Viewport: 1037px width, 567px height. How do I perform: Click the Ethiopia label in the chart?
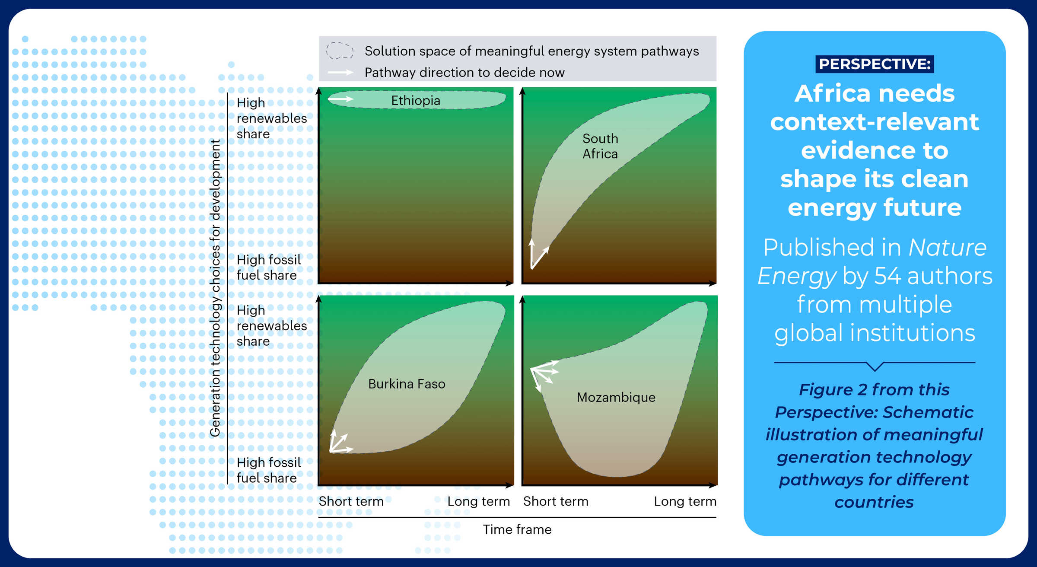click(416, 101)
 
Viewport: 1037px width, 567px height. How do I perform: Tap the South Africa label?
click(600, 146)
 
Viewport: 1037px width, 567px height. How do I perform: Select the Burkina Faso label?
click(407, 384)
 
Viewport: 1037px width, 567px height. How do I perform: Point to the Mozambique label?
click(616, 397)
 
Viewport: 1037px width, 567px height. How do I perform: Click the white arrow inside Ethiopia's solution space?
click(340, 99)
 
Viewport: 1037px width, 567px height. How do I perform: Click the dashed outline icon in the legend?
click(340, 51)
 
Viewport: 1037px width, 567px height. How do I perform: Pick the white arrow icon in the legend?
click(340, 72)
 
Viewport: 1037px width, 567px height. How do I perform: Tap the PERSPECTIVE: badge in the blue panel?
click(875, 64)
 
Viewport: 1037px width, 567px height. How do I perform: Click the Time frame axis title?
click(517, 529)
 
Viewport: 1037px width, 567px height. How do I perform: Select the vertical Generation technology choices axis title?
click(215, 287)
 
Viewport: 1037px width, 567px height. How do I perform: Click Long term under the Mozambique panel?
click(685, 501)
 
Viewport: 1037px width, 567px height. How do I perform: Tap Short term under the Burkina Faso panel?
click(351, 501)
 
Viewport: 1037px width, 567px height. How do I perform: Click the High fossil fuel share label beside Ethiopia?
click(268, 268)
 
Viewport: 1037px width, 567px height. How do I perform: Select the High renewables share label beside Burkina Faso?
click(271, 326)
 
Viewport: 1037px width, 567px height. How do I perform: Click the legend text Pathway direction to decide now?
click(464, 73)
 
